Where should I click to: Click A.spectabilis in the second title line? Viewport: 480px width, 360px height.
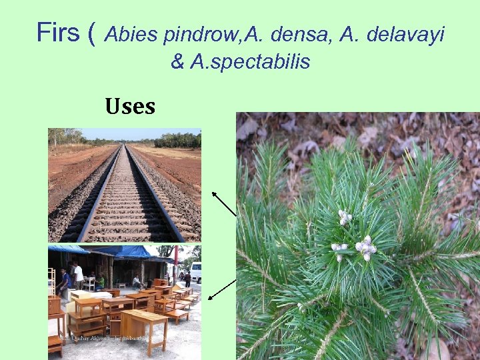250,62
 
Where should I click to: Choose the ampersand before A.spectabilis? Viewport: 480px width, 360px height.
177,62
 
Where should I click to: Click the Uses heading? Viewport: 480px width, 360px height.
130,106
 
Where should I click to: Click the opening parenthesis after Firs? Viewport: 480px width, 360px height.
91,32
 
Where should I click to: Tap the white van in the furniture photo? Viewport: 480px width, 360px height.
196,271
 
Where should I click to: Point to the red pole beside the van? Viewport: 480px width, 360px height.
175,263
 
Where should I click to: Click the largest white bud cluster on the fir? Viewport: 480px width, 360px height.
365,248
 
